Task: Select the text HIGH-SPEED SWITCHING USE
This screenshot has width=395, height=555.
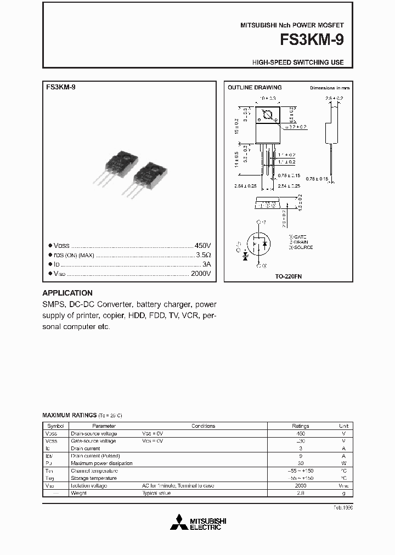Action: pos(298,63)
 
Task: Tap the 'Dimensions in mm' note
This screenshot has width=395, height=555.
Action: pos(329,88)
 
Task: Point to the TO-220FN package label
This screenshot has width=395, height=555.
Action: pos(289,277)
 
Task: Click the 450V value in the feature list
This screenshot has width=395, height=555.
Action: pos(202,246)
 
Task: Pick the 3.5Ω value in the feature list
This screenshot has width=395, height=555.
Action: pos(204,255)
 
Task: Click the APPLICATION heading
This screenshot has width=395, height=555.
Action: pos(67,293)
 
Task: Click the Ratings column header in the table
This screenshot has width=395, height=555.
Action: pos(300,426)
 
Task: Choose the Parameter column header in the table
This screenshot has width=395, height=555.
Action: pos(104,426)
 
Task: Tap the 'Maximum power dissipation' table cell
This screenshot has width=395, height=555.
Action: pos(101,463)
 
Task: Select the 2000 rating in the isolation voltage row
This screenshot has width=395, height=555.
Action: pos(300,486)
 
